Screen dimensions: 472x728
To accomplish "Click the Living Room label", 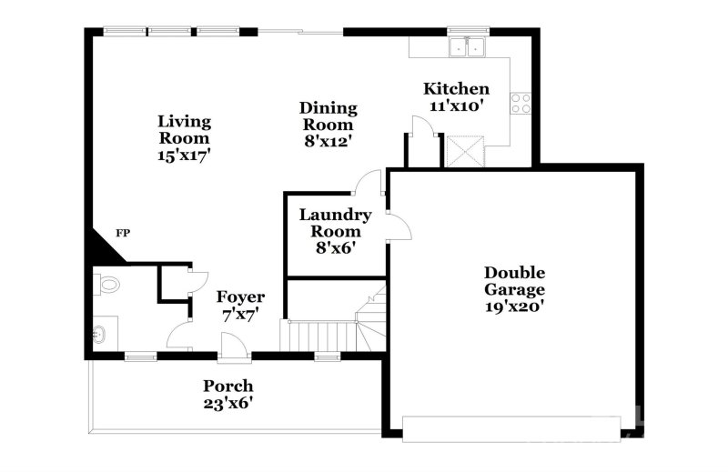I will click(x=184, y=137).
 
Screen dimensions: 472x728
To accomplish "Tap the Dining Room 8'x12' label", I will click(x=328, y=125).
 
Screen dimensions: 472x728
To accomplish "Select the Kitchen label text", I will click(x=456, y=89).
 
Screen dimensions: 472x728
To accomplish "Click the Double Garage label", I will click(x=514, y=281).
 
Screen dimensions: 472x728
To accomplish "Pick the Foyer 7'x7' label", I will click(x=240, y=306).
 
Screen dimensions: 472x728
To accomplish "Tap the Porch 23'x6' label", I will click(x=227, y=394).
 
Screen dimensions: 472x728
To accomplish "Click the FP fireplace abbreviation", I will click(x=122, y=234).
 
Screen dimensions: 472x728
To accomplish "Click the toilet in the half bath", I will click(x=106, y=285).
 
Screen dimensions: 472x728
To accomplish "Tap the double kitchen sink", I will click(x=469, y=46).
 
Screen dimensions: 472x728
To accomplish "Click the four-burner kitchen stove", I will click(x=522, y=104).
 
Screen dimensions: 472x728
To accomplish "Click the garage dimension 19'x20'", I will click(x=514, y=306).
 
